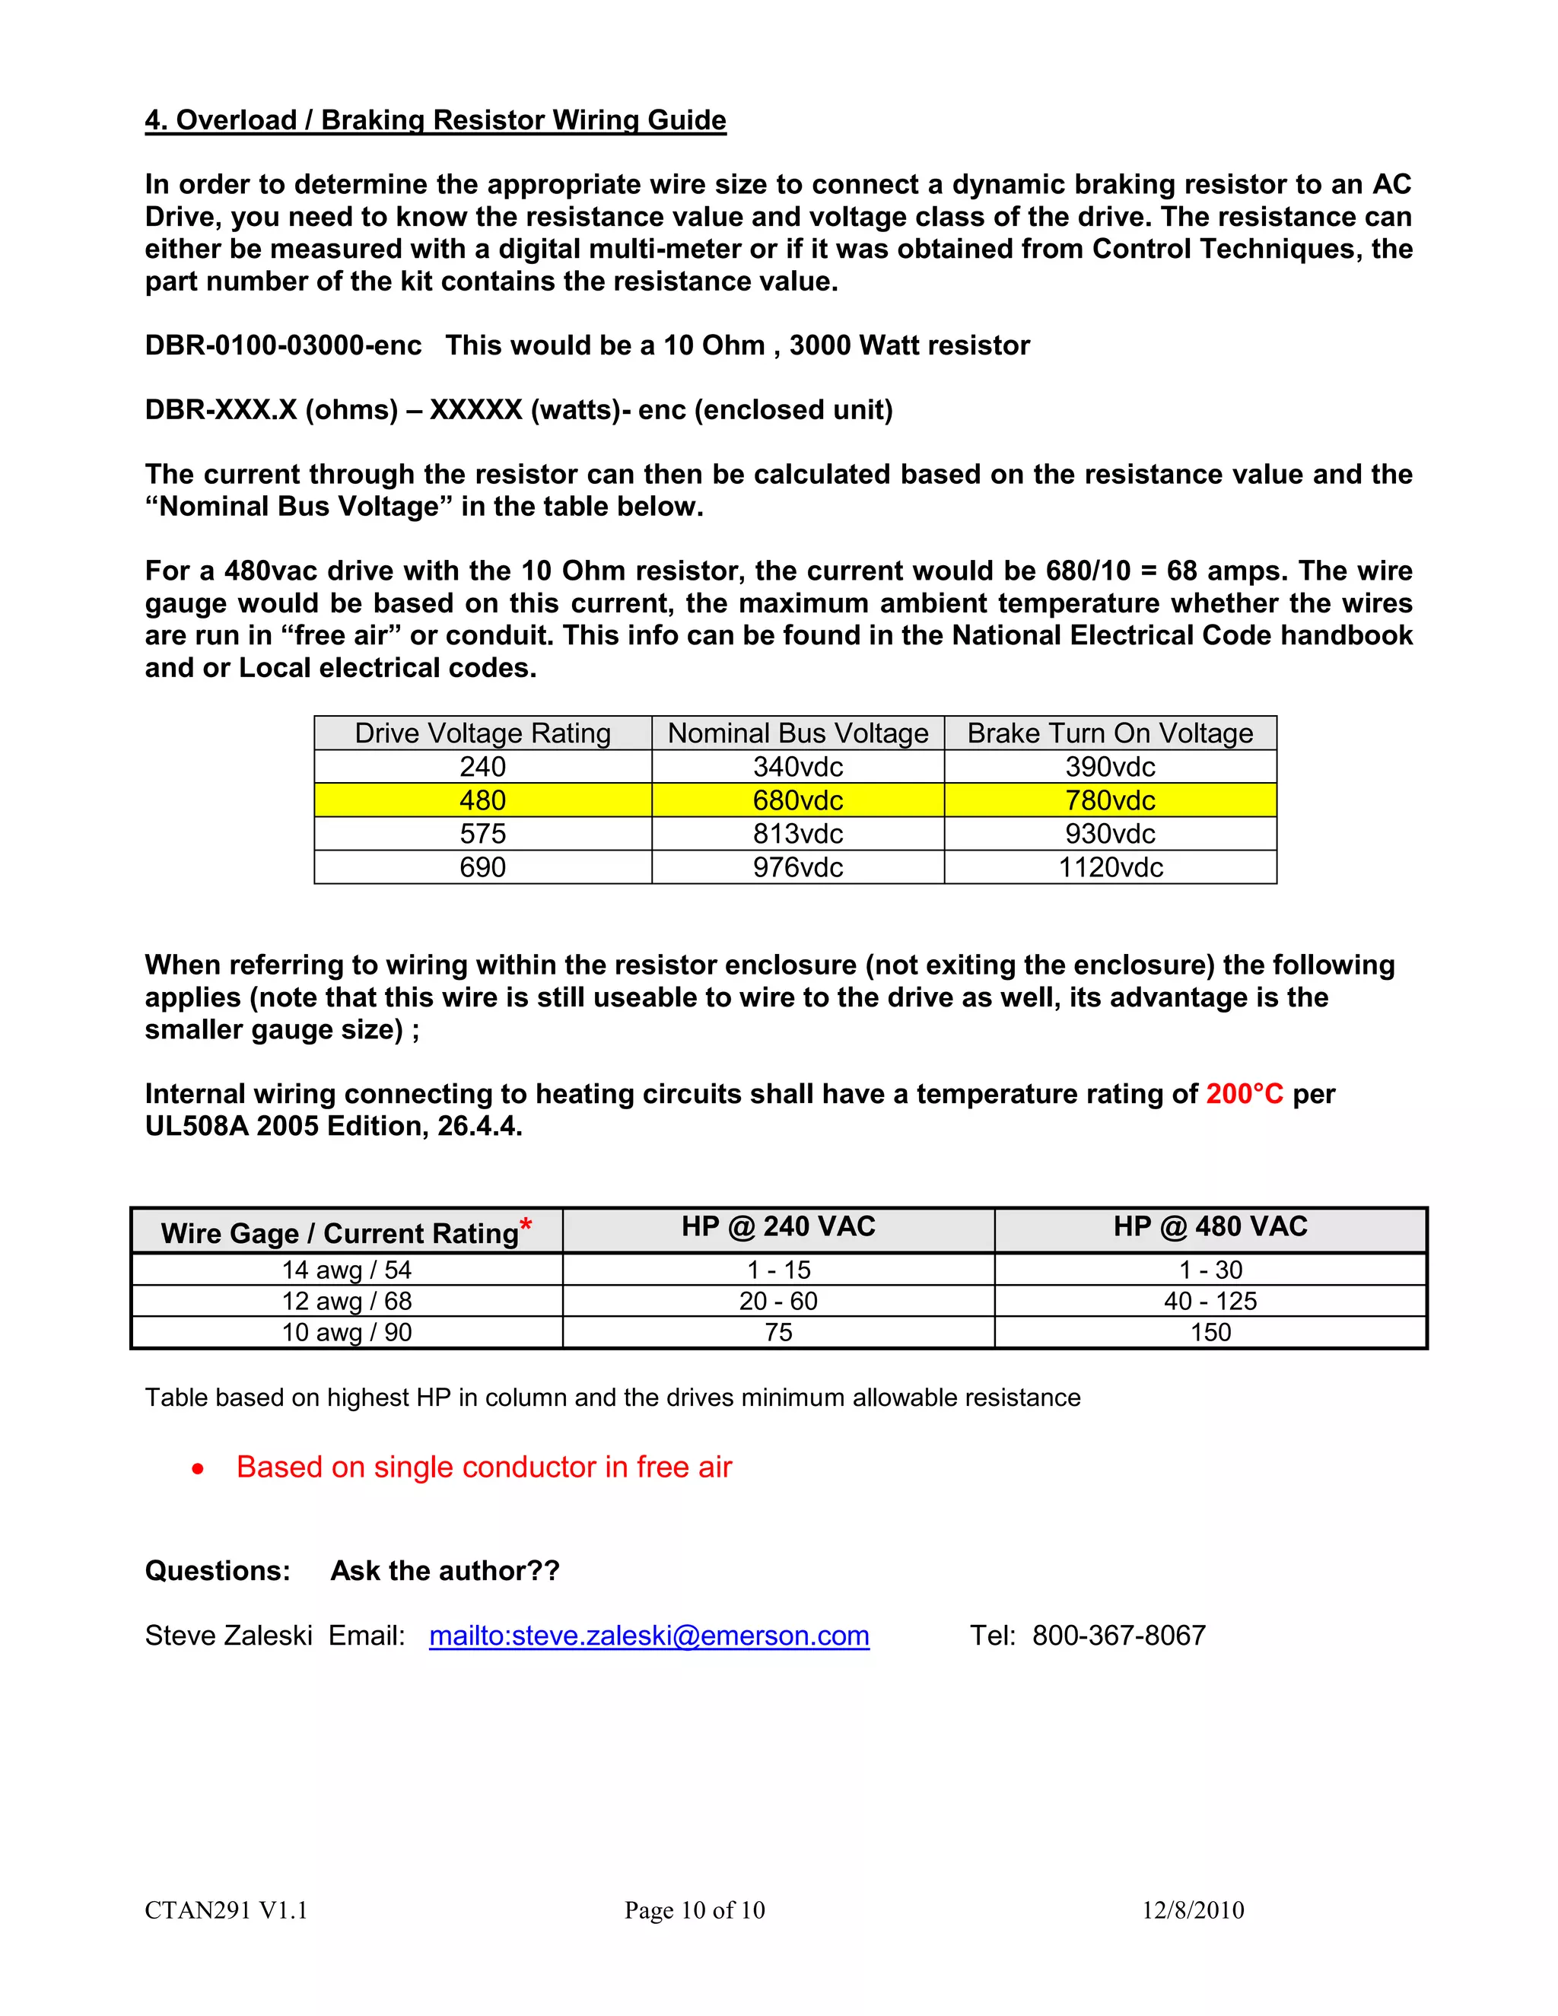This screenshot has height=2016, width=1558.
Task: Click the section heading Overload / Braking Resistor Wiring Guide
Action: (436, 120)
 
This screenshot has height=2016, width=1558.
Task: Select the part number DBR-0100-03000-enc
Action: (283, 345)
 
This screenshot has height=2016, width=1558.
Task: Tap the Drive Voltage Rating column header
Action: (483, 733)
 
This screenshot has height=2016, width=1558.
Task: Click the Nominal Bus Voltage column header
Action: (797, 733)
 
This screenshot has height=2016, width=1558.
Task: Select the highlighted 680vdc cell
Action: (797, 800)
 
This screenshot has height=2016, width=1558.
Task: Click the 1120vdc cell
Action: (1111, 868)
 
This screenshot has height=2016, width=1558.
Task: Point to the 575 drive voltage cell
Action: (483, 834)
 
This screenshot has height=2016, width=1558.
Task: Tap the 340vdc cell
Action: (797, 766)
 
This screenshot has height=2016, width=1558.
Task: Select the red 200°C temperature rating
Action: (1244, 1094)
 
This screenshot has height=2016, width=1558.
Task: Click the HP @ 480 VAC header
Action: (1210, 1227)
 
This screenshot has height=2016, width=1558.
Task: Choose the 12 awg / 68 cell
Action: (346, 1301)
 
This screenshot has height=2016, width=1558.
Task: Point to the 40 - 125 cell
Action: (1210, 1301)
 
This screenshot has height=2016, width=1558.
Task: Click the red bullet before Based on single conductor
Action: (199, 1468)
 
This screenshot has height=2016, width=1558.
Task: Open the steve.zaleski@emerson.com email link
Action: (649, 1636)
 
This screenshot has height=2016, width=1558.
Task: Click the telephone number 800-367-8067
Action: (1118, 1636)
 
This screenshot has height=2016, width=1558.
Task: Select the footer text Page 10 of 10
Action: (694, 1909)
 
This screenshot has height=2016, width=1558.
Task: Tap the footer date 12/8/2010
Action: (1193, 1909)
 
